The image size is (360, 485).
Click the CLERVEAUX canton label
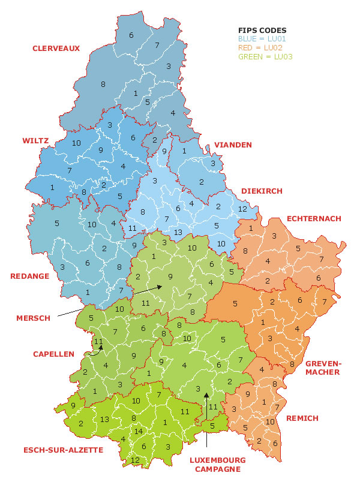[56, 49]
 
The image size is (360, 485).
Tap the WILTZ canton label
[35, 141]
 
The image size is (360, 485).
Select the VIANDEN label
[233, 145]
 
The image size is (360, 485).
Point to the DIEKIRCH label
[261, 191]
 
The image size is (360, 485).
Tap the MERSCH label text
[33, 318]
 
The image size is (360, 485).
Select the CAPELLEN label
[53, 354]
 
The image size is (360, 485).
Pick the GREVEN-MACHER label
[323, 367]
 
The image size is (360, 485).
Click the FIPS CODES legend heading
[262, 30]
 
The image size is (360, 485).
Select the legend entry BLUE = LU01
[263, 38]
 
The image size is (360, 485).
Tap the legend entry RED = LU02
[261, 47]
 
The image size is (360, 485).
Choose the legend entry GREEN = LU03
[266, 57]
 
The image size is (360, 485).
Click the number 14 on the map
[139, 431]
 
